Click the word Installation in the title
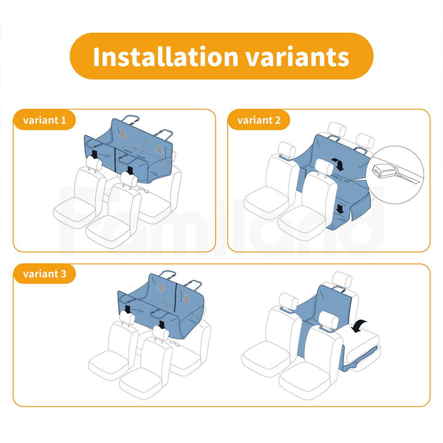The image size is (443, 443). (x=166, y=57)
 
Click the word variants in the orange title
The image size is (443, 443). (x=297, y=57)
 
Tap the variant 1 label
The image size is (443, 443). (x=45, y=120)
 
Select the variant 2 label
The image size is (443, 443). (x=259, y=120)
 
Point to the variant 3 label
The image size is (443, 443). (x=45, y=274)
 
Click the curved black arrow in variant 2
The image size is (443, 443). (x=339, y=164)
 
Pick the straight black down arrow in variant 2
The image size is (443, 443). (x=340, y=209)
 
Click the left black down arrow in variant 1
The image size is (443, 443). (x=95, y=154)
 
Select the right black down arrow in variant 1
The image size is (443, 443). (x=130, y=170)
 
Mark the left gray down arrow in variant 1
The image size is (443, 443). (x=123, y=134)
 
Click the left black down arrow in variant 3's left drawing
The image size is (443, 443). (x=128, y=309)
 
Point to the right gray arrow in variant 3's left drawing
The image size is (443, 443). (x=186, y=299)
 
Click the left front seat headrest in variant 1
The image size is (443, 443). (x=94, y=163)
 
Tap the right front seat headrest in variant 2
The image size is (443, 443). (x=324, y=167)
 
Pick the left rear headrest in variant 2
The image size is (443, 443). (x=337, y=130)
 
